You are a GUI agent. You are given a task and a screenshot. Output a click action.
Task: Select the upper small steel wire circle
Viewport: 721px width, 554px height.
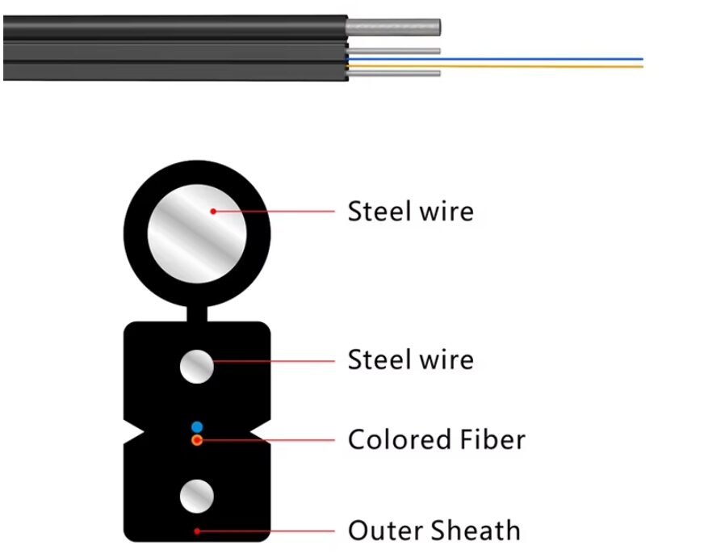[x=196, y=367]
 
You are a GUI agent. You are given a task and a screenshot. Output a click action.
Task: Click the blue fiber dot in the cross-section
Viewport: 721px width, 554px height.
[x=196, y=426]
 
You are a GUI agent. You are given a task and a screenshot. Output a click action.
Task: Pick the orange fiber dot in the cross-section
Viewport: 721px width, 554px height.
[x=197, y=440]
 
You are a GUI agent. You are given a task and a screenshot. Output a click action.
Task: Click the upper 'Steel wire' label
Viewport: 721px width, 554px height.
[x=410, y=212]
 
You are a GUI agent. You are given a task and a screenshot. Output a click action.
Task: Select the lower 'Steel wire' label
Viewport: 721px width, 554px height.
[x=410, y=359]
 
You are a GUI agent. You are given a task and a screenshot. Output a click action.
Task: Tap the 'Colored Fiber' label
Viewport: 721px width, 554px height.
[x=436, y=440]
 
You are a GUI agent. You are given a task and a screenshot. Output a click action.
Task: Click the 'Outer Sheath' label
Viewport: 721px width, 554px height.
[x=434, y=531]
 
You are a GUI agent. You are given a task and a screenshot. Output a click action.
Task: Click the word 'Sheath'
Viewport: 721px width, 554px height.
[x=476, y=531]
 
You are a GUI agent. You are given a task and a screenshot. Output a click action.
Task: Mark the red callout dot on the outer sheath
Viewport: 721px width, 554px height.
[x=197, y=531]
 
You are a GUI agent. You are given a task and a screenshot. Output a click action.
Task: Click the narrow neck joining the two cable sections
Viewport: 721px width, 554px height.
[x=196, y=313]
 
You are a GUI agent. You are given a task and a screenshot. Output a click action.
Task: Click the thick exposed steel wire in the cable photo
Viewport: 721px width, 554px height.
[x=394, y=27]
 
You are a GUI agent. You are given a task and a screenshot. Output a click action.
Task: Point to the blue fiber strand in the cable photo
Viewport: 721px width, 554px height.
[x=525, y=59]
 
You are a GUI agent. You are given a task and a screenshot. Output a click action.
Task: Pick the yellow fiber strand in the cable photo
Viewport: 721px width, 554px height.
[x=525, y=66]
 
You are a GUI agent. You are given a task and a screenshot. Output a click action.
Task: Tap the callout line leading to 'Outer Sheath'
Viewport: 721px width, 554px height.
[x=266, y=531]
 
